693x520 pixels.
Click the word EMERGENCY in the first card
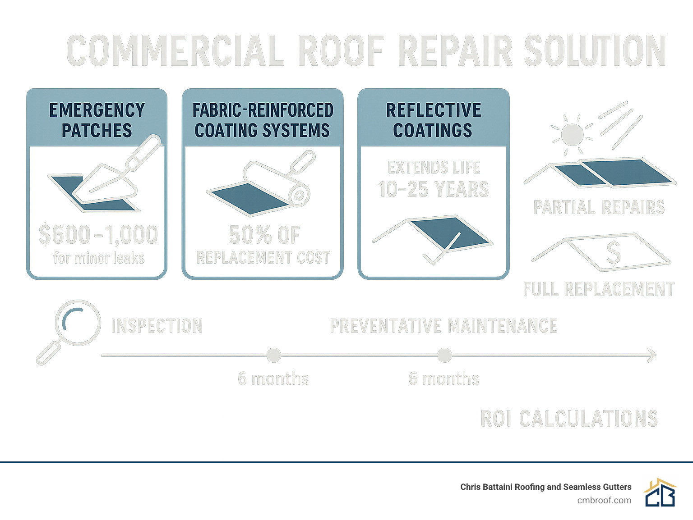97,110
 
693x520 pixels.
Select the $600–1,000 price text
98,235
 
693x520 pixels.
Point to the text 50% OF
264,235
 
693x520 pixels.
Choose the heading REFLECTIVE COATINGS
433,120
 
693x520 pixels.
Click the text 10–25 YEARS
433,190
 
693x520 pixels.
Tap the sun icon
572,134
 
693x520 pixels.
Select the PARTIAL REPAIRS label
599,207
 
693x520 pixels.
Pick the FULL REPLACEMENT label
599,289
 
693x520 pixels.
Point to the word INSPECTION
157,326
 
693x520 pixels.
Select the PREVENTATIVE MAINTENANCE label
444,326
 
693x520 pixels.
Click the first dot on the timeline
273,355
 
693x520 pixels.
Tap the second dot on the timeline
444,355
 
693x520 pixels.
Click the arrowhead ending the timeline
651,355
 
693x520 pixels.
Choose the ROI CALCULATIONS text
569,419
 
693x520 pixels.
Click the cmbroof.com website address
604,500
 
